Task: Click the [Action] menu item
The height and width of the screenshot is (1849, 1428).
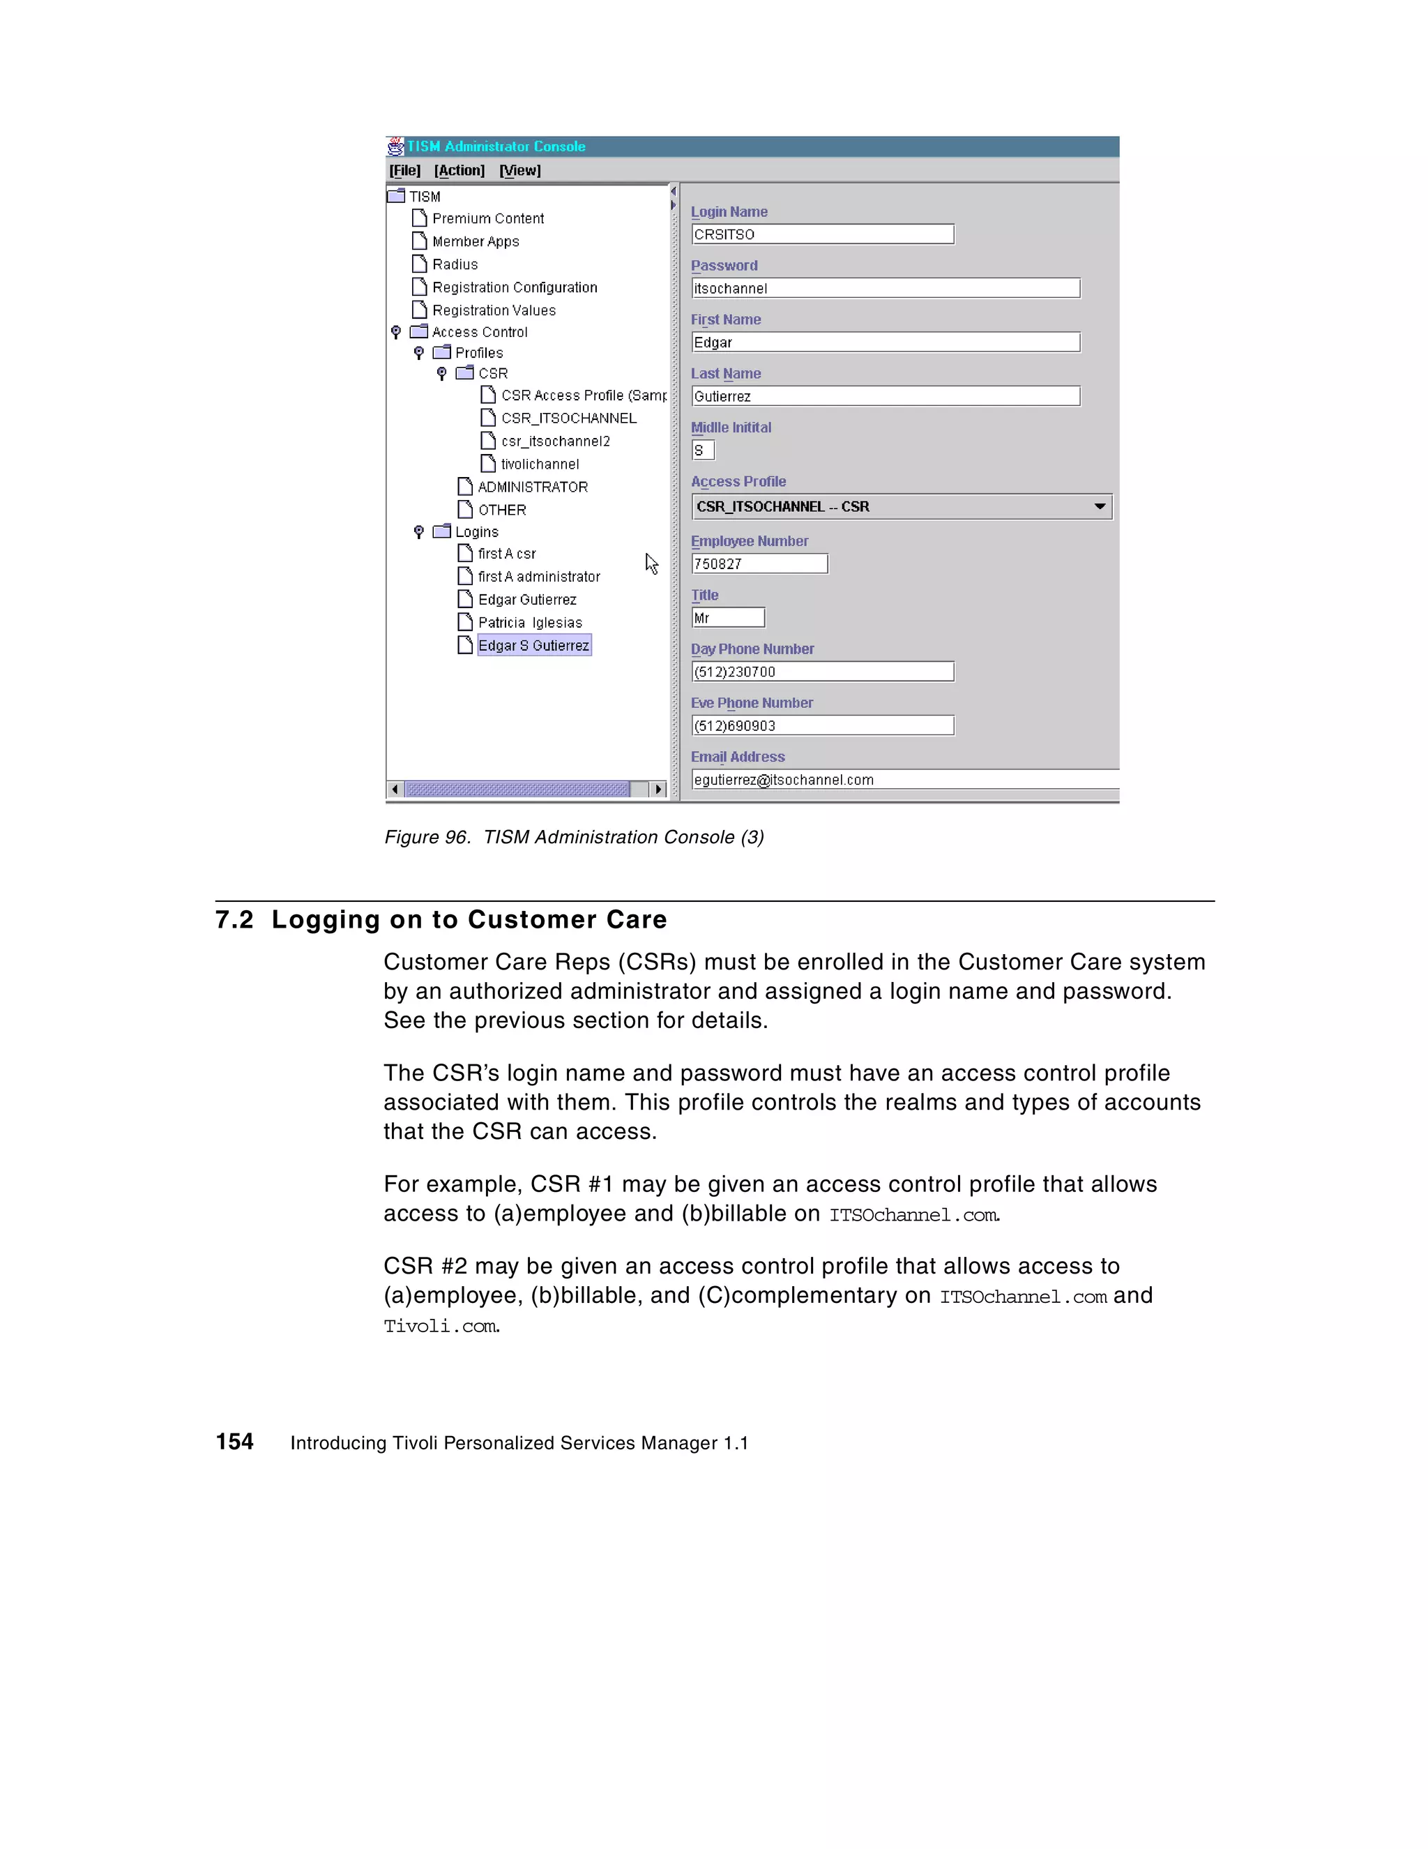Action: click(x=459, y=170)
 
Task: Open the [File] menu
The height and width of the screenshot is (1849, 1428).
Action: click(x=404, y=170)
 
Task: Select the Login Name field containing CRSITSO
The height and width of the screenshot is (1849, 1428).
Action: click(x=822, y=234)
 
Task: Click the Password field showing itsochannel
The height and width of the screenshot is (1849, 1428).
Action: click(x=885, y=289)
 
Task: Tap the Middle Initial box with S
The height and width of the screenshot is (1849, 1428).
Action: click(x=703, y=451)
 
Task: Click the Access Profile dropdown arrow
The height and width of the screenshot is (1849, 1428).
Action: click(x=1099, y=506)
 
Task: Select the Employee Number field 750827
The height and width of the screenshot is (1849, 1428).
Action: click(x=759, y=564)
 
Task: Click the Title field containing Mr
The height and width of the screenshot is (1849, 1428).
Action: click(x=727, y=618)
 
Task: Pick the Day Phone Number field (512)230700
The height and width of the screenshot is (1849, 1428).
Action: click(x=822, y=672)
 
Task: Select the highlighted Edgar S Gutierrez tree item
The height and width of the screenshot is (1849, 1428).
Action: click(x=533, y=646)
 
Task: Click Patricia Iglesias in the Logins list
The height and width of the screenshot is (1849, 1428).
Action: click(x=530, y=623)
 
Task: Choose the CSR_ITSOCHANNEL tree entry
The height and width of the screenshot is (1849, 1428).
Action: click(x=568, y=418)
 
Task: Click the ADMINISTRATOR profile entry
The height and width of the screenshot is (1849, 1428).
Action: click(x=533, y=488)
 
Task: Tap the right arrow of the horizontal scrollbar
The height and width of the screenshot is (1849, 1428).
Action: click(x=658, y=789)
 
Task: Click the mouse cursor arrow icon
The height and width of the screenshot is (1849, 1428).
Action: click(x=651, y=564)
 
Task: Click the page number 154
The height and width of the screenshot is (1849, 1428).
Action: click(x=234, y=1442)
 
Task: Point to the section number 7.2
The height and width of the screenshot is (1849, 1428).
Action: click(x=234, y=920)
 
